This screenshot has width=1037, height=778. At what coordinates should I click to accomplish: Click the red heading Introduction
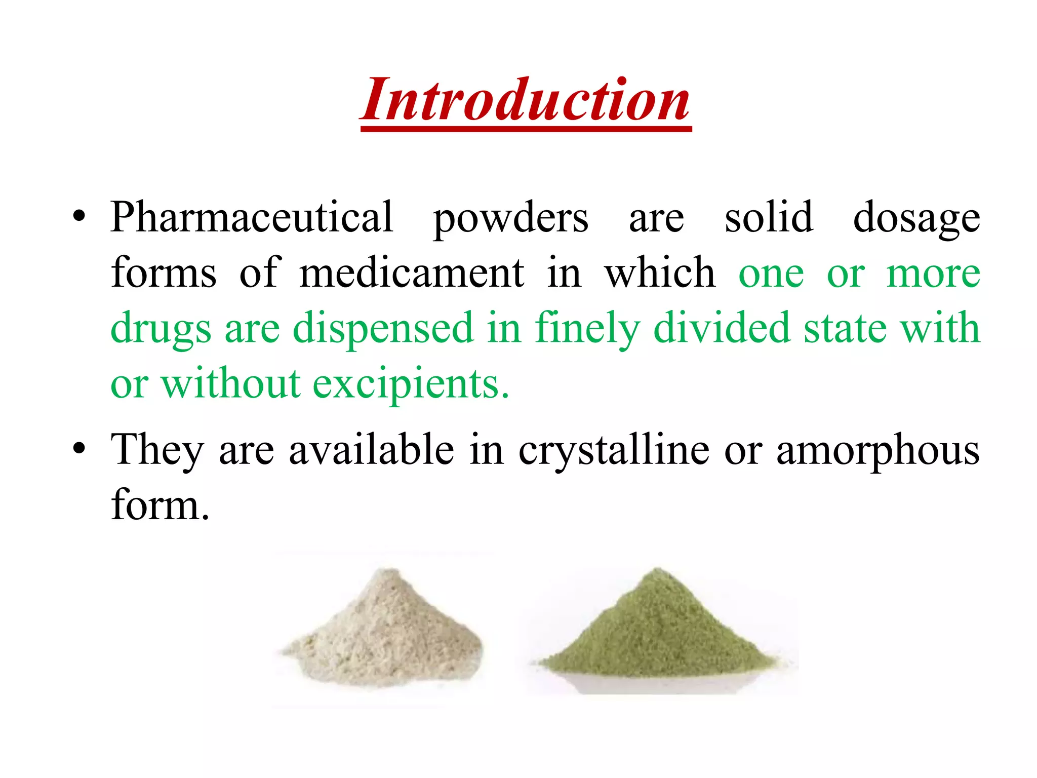click(526, 100)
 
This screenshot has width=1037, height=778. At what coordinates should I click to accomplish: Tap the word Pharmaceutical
click(252, 218)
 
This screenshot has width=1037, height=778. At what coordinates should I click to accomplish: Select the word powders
click(510, 219)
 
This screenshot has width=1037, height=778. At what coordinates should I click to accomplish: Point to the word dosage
click(916, 219)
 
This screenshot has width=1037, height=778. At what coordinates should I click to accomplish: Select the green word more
click(933, 274)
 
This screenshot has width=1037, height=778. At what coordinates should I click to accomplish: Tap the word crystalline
click(614, 450)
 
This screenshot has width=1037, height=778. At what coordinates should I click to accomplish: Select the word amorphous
click(878, 450)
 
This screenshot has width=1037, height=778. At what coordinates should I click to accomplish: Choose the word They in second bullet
click(157, 450)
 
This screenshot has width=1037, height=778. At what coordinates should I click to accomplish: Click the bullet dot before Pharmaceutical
click(79, 218)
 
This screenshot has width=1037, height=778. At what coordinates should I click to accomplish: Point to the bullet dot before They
click(79, 449)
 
